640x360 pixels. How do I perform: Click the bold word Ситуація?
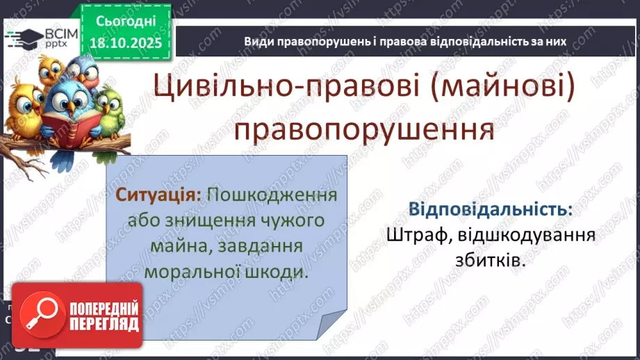tap(158, 195)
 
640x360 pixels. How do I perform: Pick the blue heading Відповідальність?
tap(491, 210)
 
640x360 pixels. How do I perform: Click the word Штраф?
tap(411, 236)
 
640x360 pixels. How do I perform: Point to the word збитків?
tap(491, 262)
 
